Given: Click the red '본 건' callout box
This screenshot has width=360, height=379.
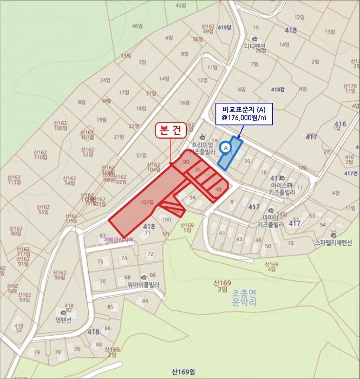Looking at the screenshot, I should pos(171,130).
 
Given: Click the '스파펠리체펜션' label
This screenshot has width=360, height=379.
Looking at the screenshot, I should pos(333,242).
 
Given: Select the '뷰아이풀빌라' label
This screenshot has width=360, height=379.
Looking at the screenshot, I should pos(143,283).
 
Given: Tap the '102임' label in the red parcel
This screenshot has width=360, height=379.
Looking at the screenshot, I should pos(147,202).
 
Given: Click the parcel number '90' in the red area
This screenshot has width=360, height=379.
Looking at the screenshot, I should pos(186,162).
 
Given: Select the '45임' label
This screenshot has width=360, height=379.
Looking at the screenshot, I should pos(181,5).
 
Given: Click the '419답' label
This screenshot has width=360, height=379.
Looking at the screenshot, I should pos(224,27).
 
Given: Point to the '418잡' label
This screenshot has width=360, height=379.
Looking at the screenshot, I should pos(278,89).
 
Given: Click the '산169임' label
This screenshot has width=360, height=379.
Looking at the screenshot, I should pos(183,371).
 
